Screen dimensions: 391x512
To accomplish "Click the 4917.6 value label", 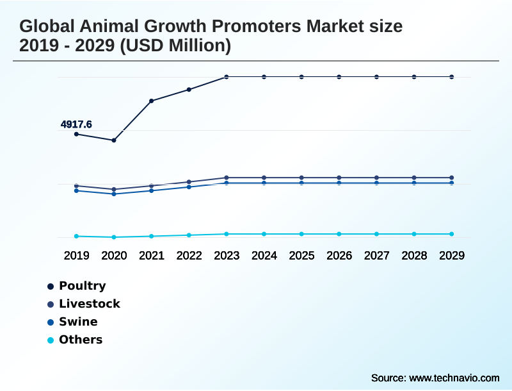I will tap(76, 124).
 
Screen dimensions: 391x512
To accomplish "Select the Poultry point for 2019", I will tap(76, 134).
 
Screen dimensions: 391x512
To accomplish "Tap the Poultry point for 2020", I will tap(114, 140).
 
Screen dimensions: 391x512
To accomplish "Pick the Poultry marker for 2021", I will tap(152, 101).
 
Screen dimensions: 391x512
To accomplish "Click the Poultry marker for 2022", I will tap(189, 90).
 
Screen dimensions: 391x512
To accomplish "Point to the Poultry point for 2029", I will tap(452, 77).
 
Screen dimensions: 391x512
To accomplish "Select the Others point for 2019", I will tap(76, 236).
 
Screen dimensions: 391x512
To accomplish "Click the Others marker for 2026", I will tap(339, 234).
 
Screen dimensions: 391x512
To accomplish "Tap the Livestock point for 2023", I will tap(227, 178).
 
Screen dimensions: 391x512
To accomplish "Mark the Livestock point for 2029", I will tap(452, 178).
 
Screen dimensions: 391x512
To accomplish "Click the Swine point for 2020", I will tap(114, 194).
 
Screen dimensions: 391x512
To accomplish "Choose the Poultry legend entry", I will tap(82, 286).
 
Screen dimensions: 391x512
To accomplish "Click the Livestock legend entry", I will tap(89, 304).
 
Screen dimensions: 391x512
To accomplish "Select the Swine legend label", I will tap(78, 322).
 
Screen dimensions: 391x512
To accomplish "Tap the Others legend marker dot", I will tap(50, 340).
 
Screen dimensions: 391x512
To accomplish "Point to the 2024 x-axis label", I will tap(264, 255).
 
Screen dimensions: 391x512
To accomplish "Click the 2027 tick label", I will tap(377, 255).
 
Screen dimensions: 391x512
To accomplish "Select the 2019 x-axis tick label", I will tap(76, 255).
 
